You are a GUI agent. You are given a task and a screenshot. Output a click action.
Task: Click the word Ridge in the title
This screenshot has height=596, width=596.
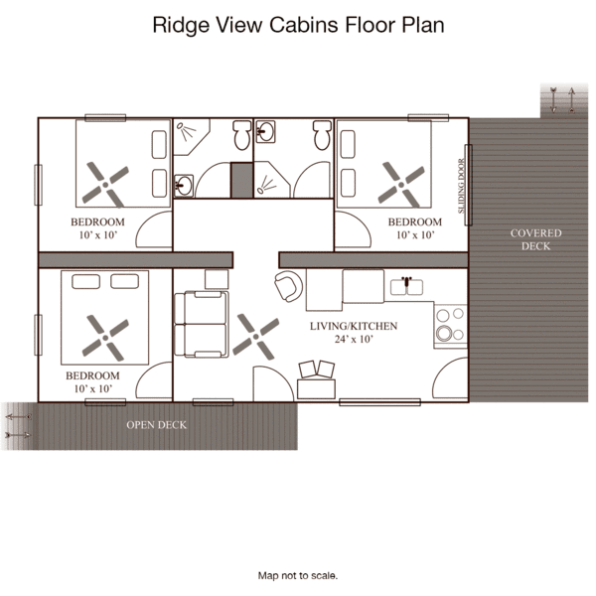tap(181, 25)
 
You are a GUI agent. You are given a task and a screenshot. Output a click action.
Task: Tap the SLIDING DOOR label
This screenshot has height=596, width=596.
tap(462, 186)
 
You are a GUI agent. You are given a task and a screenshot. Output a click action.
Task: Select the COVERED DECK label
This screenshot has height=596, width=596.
tap(535, 239)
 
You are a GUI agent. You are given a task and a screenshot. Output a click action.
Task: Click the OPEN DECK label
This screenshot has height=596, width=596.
tap(157, 425)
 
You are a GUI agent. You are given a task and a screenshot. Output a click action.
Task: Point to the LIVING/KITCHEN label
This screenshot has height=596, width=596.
tap(354, 326)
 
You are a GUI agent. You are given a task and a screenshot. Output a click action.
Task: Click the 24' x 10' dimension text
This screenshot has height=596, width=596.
tap(354, 339)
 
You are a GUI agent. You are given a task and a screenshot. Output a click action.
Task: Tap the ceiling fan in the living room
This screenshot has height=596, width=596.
tap(256, 337)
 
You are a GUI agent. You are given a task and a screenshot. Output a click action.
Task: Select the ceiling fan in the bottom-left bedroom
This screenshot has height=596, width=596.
tap(105, 338)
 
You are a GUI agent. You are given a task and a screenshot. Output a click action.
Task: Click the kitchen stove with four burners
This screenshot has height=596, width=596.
tap(451, 326)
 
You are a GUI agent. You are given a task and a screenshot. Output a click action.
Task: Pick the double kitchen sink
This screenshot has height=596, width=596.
tap(406, 287)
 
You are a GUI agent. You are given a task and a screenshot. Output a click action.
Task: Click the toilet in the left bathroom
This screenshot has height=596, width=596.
tap(242, 135)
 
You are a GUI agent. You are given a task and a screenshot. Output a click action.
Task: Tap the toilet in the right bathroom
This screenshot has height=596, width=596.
tap(322, 135)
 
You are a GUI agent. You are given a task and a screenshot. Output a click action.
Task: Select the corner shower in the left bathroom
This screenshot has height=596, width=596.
tap(191, 137)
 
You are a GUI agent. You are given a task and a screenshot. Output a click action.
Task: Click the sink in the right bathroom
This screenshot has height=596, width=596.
tap(265, 131)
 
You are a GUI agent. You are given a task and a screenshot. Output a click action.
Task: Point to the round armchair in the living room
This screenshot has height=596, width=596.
tap(289, 286)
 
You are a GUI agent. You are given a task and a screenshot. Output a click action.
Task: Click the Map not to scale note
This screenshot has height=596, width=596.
tap(298, 575)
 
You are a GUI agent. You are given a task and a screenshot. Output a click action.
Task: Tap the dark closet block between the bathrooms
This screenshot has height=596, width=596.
tap(241, 180)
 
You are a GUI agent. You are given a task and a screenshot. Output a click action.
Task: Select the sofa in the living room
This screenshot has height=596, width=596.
tap(202, 324)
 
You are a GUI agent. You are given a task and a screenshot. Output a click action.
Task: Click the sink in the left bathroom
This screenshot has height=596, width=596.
tap(184, 186)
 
